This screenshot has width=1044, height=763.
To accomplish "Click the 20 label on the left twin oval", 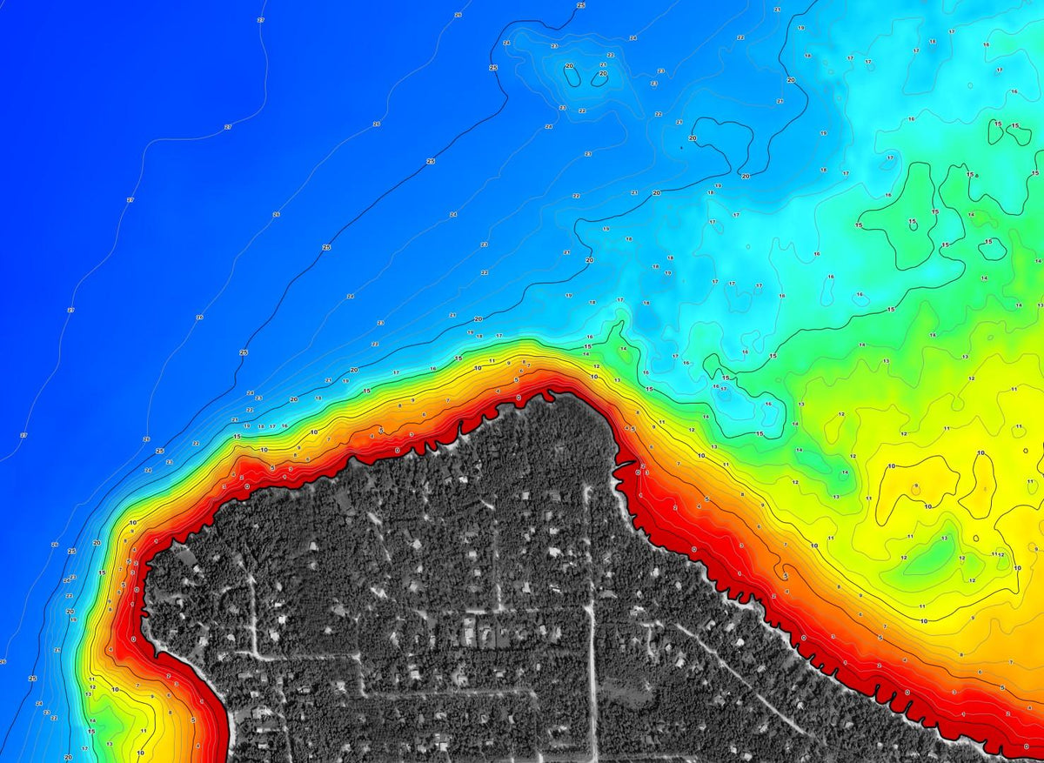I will [x=570, y=66].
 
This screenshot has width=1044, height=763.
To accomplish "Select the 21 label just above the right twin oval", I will [x=603, y=64].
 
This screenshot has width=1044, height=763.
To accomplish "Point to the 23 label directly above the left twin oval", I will [x=554, y=46].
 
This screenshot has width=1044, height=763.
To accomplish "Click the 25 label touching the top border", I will [x=581, y=5].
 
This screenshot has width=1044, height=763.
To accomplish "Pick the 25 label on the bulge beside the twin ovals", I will [x=492, y=68].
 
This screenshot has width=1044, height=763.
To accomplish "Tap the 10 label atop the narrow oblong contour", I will [x=981, y=453].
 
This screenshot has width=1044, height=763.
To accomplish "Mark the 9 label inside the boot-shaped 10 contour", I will [x=916, y=485].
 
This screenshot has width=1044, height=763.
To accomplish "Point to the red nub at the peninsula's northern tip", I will [x=548, y=396].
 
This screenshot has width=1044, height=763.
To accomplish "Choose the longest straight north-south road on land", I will [x=592, y=609].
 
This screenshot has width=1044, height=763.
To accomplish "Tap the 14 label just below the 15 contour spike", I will [x=623, y=349].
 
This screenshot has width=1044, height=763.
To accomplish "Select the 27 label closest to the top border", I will [x=261, y=19].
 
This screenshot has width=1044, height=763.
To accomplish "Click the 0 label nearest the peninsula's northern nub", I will [x=519, y=398].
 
